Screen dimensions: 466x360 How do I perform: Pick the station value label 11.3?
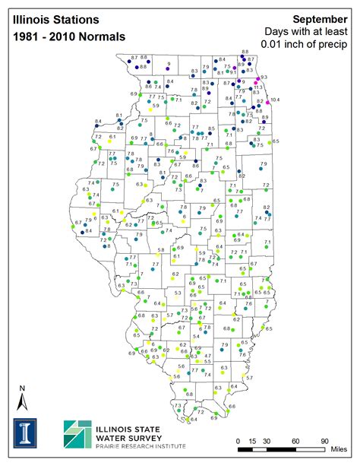[257, 87]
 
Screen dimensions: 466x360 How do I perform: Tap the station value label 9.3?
[264, 78]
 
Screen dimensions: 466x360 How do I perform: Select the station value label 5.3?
[178, 293]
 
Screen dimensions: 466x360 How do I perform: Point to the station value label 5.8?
[161, 250]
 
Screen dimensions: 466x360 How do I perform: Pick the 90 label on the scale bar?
[324, 441]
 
